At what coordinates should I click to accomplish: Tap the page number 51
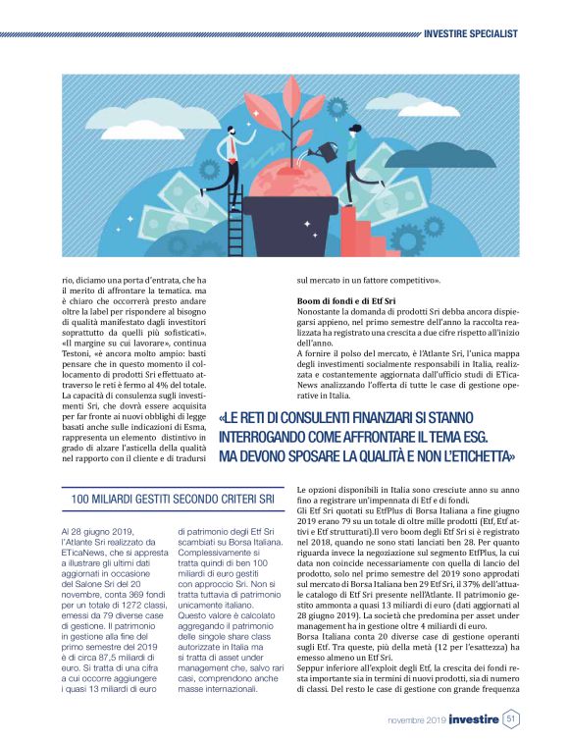click(x=511, y=719)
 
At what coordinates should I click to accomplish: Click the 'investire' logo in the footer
click(x=473, y=719)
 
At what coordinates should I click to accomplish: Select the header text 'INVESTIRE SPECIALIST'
click(x=470, y=33)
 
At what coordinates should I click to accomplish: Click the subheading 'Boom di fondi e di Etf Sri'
click(x=345, y=301)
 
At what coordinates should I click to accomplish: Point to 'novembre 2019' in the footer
click(x=415, y=720)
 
